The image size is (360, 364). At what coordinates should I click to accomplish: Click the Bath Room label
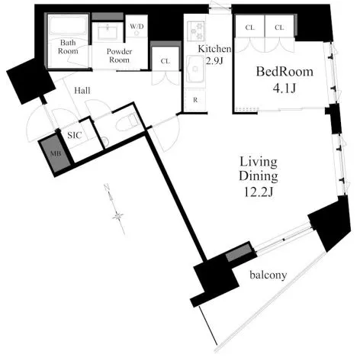tap(68, 47)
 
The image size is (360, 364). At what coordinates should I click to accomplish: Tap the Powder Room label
tap(119, 56)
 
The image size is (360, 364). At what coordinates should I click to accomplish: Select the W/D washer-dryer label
tap(137, 27)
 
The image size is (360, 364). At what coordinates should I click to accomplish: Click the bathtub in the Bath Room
tap(68, 26)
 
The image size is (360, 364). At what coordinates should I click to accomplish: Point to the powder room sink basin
tap(108, 32)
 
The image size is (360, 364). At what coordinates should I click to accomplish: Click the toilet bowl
tap(128, 122)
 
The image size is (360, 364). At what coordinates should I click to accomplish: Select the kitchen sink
tap(195, 69)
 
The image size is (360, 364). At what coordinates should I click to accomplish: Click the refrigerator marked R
tap(195, 100)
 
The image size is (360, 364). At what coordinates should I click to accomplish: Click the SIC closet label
tap(75, 135)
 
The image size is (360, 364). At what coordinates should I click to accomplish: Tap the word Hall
tap(82, 91)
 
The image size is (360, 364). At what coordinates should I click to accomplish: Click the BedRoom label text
tap(284, 72)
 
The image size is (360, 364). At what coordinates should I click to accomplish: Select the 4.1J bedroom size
tap(284, 89)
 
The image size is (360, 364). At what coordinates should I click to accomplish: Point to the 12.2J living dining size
tap(259, 192)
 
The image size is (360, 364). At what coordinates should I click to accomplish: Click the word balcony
tap(268, 275)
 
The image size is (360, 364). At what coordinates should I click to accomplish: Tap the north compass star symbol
tap(117, 217)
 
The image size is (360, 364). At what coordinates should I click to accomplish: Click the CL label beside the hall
tap(166, 61)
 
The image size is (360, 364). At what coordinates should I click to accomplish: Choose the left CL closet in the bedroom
tap(250, 27)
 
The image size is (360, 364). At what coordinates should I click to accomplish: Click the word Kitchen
tap(214, 49)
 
